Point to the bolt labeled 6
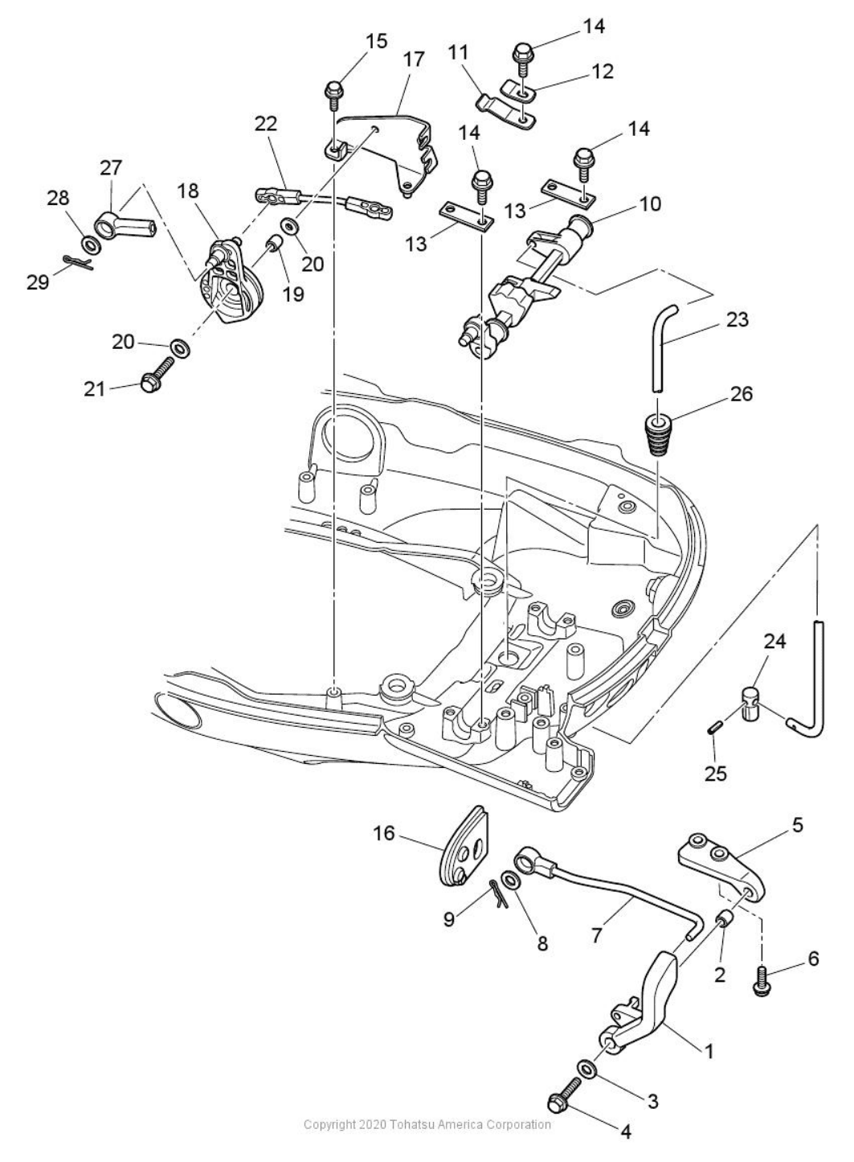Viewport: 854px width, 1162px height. coord(760,983)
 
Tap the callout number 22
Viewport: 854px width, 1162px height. coord(266,123)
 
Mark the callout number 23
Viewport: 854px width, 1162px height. coord(736,319)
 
